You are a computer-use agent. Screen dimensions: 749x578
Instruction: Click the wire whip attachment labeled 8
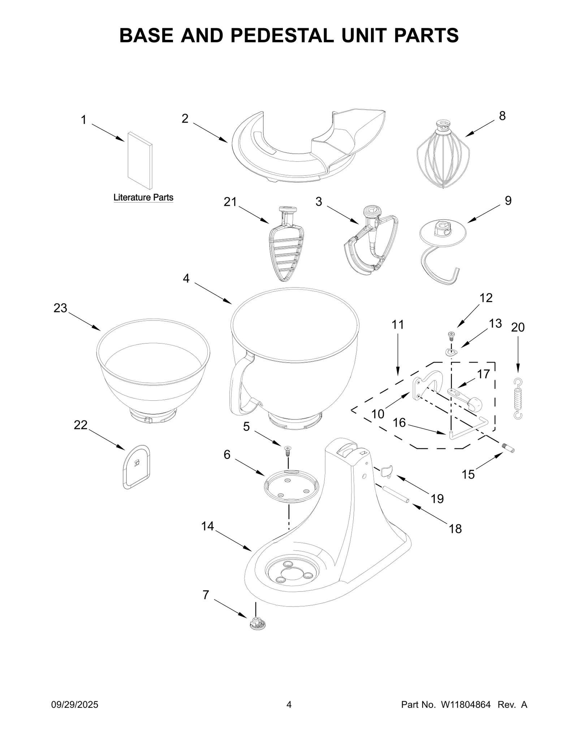443,156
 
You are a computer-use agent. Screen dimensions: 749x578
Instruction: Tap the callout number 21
230,202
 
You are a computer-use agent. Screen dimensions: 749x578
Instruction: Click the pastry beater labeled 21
286,250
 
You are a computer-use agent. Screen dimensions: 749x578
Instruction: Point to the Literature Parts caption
143,197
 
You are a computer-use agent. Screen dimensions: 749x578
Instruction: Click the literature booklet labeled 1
140,160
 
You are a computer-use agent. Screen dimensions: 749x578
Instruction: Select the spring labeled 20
518,399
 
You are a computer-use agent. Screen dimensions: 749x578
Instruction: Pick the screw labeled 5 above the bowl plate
288,451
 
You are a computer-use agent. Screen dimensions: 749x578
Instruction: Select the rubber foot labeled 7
256,624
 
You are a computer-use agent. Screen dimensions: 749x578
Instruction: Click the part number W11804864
465,705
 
